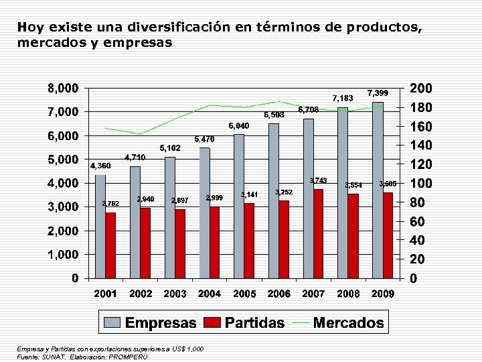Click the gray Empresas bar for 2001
100,226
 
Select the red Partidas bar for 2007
318,233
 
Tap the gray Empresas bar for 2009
377,190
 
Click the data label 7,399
378,92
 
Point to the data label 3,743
318,180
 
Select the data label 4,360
100,166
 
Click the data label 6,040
238,125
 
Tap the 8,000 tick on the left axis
62,88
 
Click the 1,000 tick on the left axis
62,255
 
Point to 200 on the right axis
420,88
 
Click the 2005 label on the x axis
244,294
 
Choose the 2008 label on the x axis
349,294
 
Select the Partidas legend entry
245,322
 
